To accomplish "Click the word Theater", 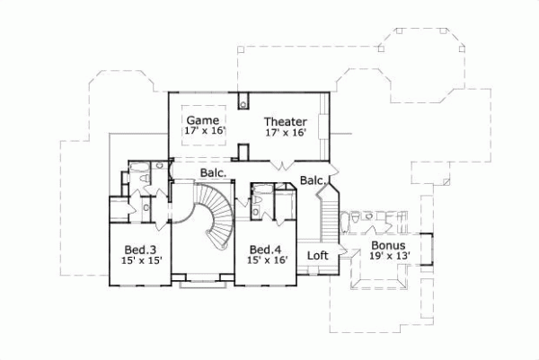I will pos(286,121).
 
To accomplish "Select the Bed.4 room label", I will pos(267,249).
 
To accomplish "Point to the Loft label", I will pos(317,255).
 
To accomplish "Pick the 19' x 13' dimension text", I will pos(387,256).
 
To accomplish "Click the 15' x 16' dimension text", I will pos(267,260).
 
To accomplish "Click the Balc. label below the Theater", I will pos(313,180).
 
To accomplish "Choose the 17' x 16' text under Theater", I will pos(286,133).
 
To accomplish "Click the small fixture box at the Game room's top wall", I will pos(243,100).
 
